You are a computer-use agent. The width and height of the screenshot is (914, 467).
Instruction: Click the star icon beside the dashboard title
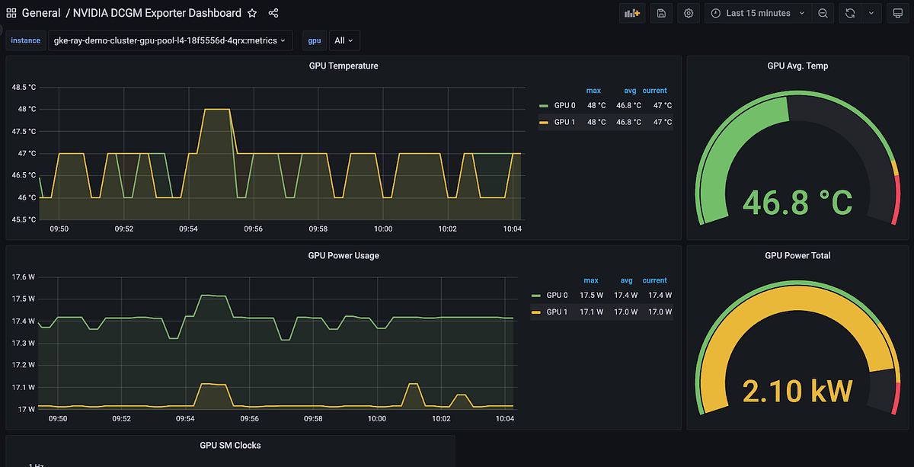pyautogui.click(x=252, y=13)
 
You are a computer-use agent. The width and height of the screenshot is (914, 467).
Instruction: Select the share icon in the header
pyautogui.click(x=273, y=13)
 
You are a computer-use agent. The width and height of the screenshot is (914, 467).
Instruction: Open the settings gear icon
pyautogui.click(x=689, y=13)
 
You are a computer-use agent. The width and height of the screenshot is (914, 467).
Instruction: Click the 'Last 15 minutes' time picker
pyautogui.click(x=758, y=13)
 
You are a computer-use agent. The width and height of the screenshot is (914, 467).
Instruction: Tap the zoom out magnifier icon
pyautogui.click(x=823, y=13)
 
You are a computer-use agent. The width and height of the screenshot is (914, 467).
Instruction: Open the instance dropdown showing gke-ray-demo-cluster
pyautogui.click(x=170, y=40)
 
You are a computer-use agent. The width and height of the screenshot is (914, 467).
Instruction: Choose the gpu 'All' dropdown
pyautogui.click(x=344, y=40)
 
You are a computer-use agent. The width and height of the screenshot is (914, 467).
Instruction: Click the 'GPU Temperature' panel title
pyautogui.click(x=344, y=66)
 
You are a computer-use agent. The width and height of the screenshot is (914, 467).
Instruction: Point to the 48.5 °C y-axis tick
pyautogui.click(x=24, y=87)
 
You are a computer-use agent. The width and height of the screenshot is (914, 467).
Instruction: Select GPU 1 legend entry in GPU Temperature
pyautogui.click(x=564, y=122)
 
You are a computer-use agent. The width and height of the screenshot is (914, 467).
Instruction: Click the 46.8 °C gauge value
pyautogui.click(x=797, y=202)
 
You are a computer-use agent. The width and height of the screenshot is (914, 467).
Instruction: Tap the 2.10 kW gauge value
pyautogui.click(x=797, y=391)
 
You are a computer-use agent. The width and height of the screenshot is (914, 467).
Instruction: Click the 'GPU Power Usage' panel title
pyautogui.click(x=344, y=255)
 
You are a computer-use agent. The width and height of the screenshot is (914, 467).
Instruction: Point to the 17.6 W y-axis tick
pyautogui.click(x=24, y=277)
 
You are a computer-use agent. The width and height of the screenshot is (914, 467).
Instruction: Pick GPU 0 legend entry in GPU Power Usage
pyautogui.click(x=556, y=295)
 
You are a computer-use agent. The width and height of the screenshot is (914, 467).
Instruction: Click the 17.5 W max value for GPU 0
pyautogui.click(x=592, y=295)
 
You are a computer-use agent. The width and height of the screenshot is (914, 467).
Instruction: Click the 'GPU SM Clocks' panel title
pyautogui.click(x=230, y=445)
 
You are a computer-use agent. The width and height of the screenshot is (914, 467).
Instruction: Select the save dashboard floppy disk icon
pyautogui.click(x=660, y=13)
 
